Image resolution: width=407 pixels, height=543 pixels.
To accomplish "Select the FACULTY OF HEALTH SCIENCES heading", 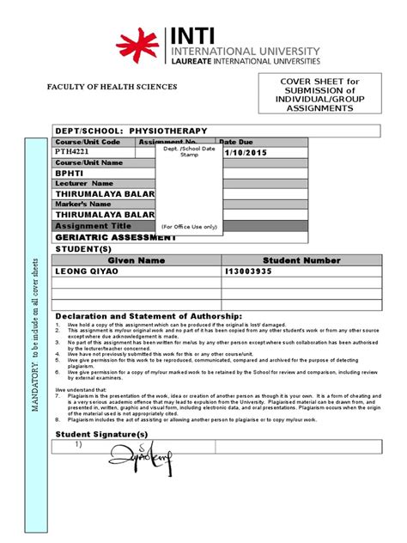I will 112,88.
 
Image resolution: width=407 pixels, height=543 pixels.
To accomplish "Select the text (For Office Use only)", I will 189,227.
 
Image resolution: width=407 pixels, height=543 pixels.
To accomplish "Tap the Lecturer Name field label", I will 84,183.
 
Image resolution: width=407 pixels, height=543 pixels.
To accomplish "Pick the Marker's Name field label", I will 83,204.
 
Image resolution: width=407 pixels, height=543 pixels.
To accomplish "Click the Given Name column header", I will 136,259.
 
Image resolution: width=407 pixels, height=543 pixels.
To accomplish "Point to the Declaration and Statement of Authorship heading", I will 149,316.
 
